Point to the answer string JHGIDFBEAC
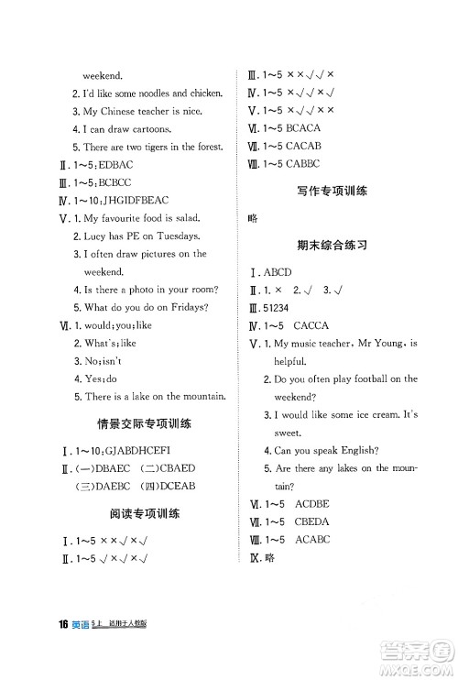[126, 200]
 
